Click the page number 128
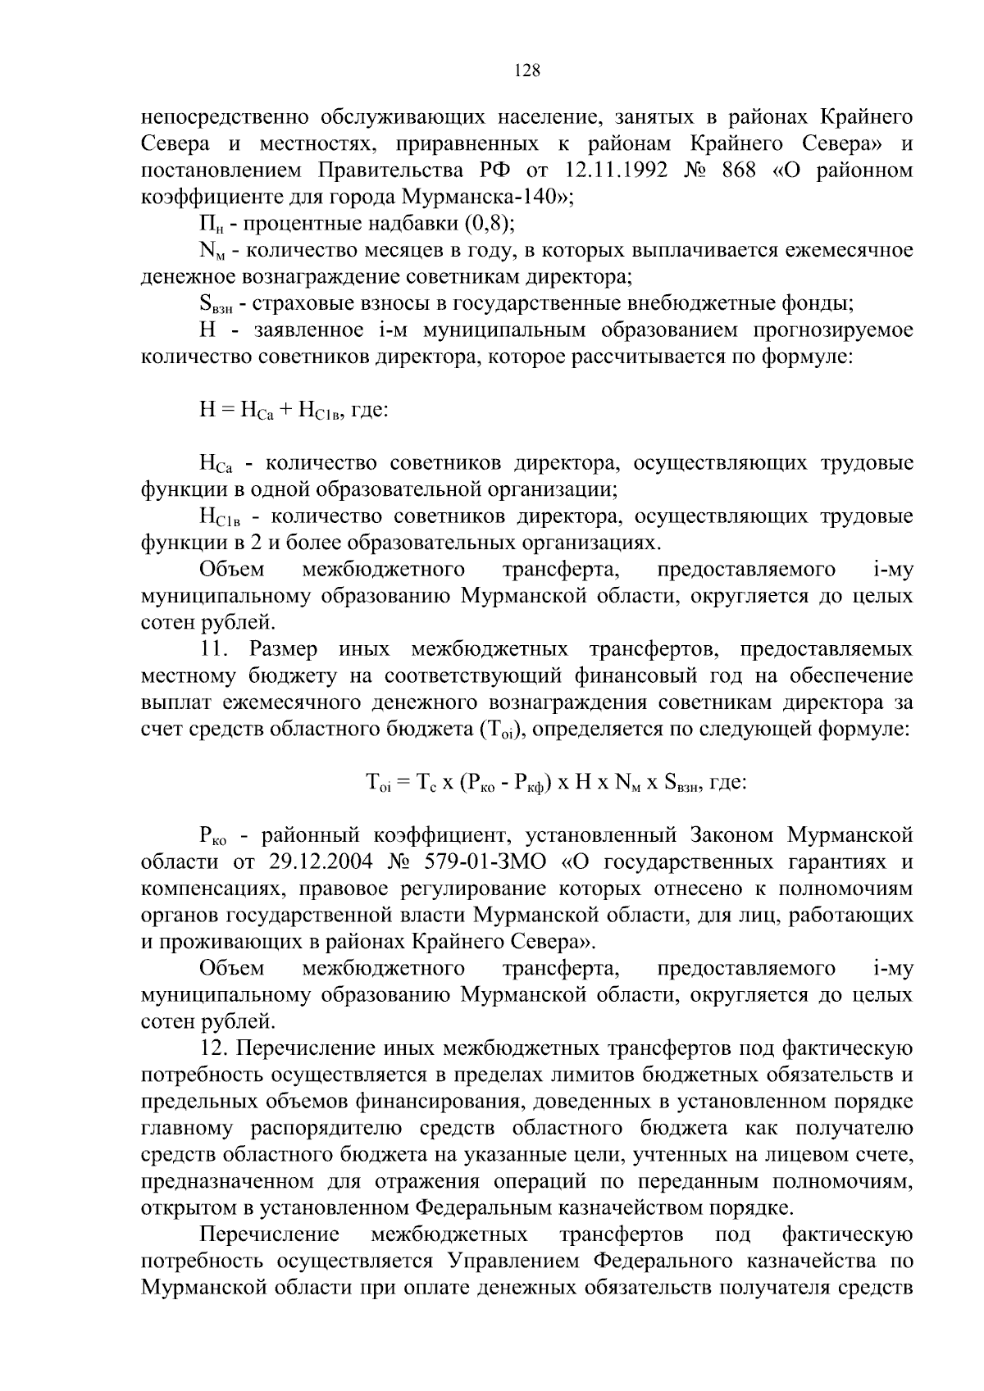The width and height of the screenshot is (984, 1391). (527, 71)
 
